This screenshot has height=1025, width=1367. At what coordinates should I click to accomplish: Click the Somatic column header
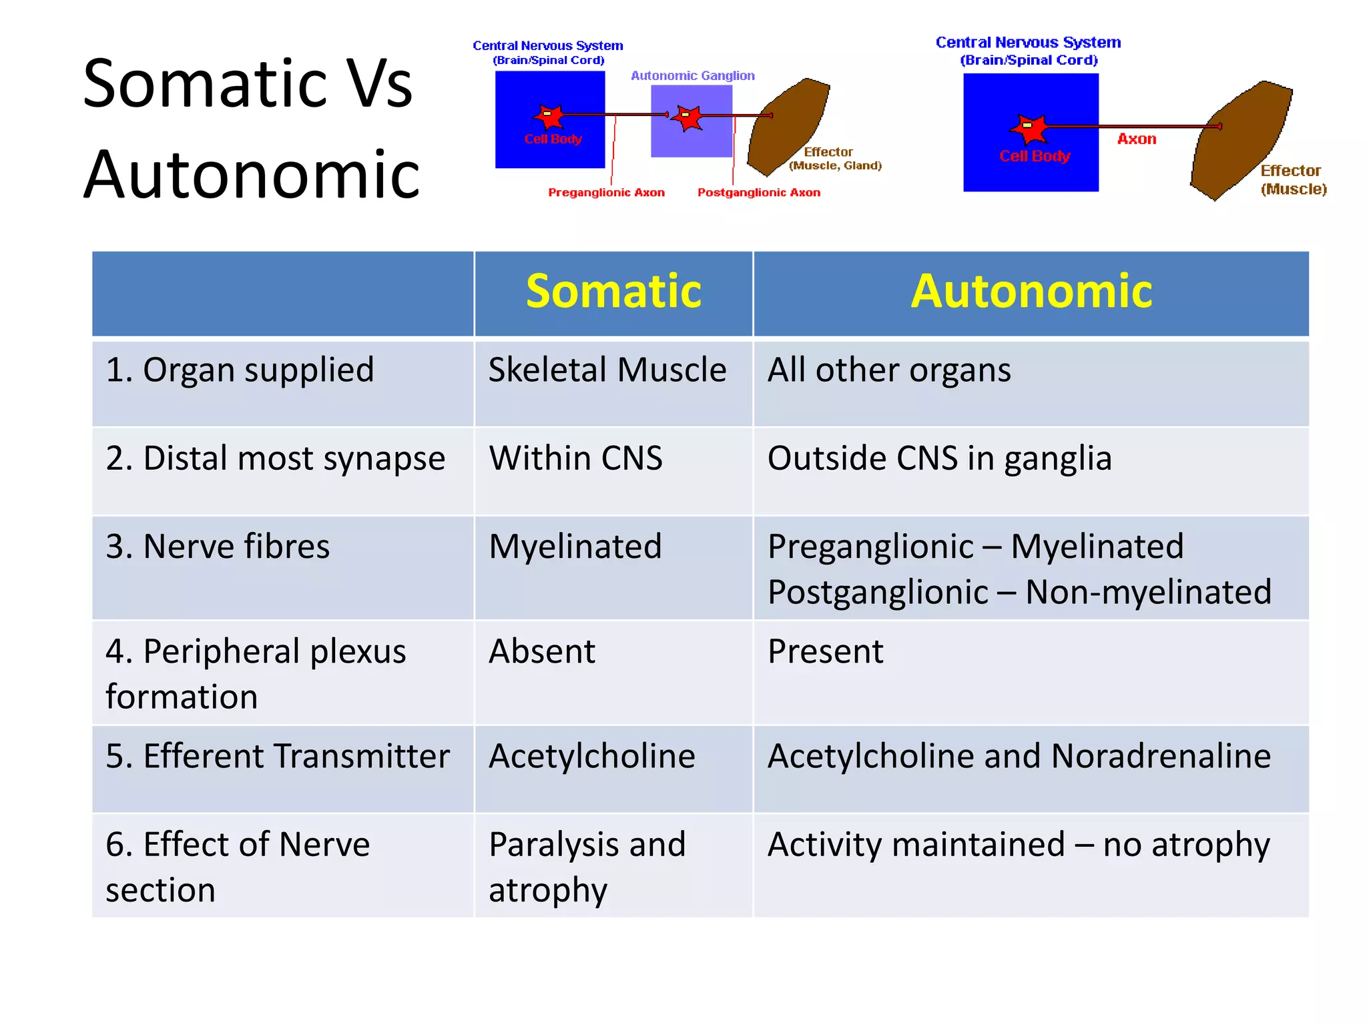coord(613,292)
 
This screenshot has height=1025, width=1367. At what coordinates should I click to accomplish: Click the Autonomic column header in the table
coord(1031,292)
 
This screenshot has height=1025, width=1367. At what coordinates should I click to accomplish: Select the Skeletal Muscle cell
coord(607,370)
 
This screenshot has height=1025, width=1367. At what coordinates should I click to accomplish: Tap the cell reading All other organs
coord(889,370)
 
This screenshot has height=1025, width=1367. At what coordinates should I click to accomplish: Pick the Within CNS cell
coord(575,458)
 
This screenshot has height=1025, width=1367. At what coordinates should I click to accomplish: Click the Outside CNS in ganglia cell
coord(939,458)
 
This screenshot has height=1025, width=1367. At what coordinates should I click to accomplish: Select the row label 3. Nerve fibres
coord(218,547)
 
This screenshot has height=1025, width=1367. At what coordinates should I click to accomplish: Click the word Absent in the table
coord(542,651)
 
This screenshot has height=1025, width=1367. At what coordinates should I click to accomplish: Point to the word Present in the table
coord(825,651)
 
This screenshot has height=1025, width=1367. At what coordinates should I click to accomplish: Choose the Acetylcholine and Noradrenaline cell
coord(1019,756)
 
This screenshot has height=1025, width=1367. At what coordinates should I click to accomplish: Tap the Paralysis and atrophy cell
coord(587,866)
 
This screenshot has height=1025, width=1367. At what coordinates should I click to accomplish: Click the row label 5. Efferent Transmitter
coord(278,756)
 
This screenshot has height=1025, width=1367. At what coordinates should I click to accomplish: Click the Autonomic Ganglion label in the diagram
coord(693,76)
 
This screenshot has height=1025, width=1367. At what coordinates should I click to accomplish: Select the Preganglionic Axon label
coord(606,193)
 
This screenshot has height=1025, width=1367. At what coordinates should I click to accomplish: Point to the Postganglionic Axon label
coord(759,193)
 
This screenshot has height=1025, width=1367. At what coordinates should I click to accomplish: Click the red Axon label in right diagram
coord(1137,139)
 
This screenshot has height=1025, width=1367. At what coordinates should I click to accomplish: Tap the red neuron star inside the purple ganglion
coord(688,118)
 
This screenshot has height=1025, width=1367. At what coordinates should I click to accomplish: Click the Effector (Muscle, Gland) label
coord(834,159)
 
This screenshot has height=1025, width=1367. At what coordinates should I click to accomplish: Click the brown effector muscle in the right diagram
coord(1238,143)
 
